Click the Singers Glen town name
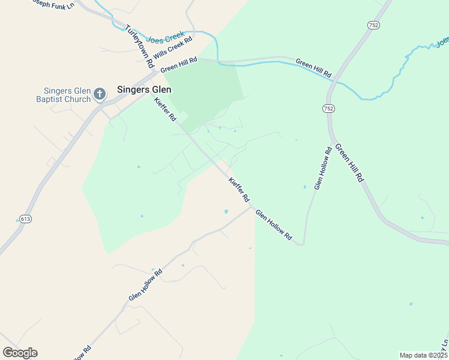pyautogui.click(x=144, y=89)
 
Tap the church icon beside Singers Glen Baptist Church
pyautogui.click(x=100, y=94)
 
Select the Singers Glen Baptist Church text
pyautogui.click(x=62, y=95)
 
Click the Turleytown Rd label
pyautogui.click(x=140, y=46)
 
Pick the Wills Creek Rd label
pyautogui.click(x=172, y=48)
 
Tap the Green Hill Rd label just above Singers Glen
pyautogui.click(x=178, y=65)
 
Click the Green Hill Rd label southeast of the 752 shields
pyautogui.click(x=350, y=163)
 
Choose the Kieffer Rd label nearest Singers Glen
pyautogui.click(x=165, y=110)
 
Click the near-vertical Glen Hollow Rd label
pyautogui.click(x=322, y=169)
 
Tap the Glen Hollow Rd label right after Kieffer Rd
pyautogui.click(x=274, y=226)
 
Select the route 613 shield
pyautogui.click(x=25, y=219)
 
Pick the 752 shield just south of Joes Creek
pyautogui.click(x=328, y=108)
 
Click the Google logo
pyautogui.click(x=20, y=353)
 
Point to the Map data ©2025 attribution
pyautogui.click(x=423, y=355)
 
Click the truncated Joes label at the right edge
pyautogui.click(x=442, y=42)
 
